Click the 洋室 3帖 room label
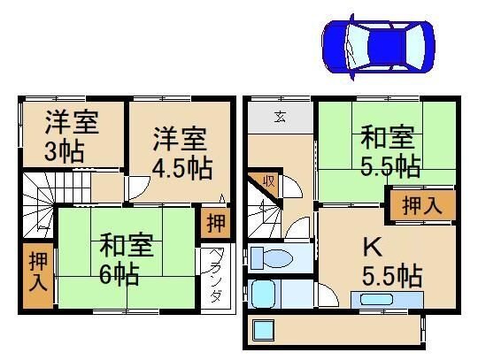click(72, 135)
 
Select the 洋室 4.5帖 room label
click(180, 152)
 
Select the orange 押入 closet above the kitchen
click(423, 205)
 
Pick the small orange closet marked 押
click(214, 223)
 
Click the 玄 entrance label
click(279, 117)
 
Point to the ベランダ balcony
click(216, 276)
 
